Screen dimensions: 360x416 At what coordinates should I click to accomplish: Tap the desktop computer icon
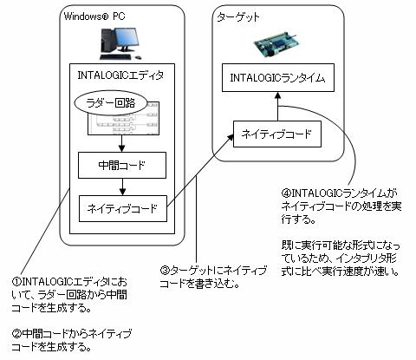tap(117, 42)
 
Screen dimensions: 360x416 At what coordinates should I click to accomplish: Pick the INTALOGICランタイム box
tap(277, 78)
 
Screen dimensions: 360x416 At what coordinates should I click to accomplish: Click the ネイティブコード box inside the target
tap(277, 135)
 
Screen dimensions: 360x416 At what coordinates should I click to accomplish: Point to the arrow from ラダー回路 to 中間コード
tap(122, 144)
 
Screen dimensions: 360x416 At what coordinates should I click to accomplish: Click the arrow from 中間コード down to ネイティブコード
tap(122, 187)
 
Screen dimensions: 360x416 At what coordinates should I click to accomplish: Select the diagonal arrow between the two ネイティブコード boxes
tap(199, 172)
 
